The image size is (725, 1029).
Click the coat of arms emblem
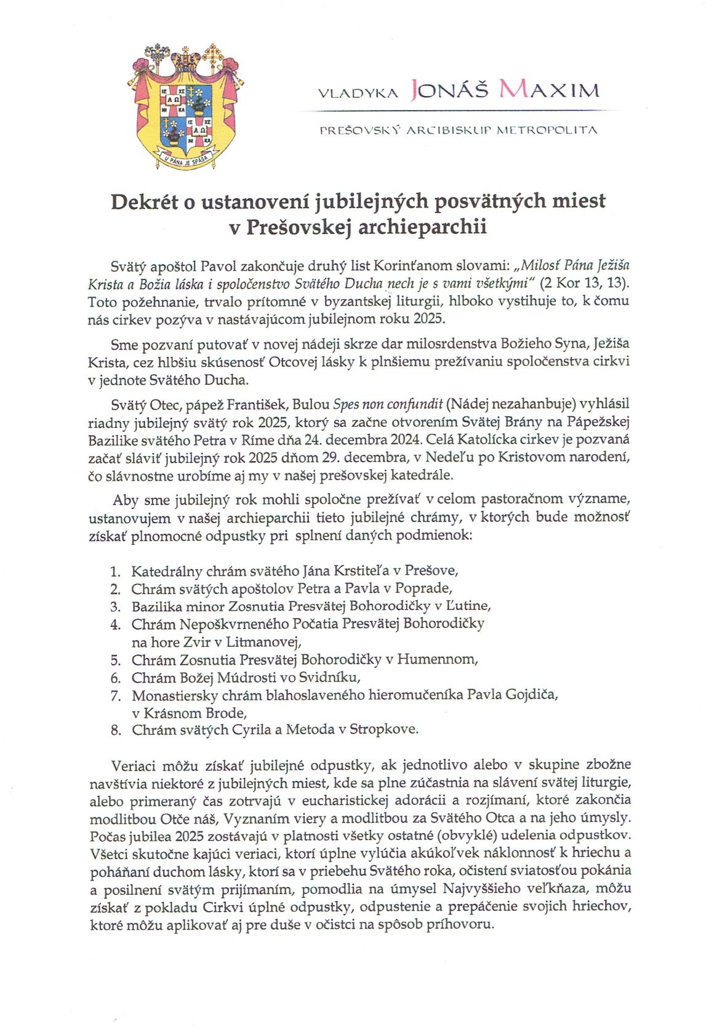click(x=183, y=106)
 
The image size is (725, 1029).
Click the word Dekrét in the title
click(x=144, y=202)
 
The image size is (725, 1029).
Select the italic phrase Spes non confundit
click(x=388, y=404)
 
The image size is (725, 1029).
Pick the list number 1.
click(x=115, y=571)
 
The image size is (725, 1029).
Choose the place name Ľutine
click(x=470, y=606)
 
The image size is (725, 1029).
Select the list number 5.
click(x=115, y=660)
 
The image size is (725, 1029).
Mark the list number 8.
click(x=115, y=730)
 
